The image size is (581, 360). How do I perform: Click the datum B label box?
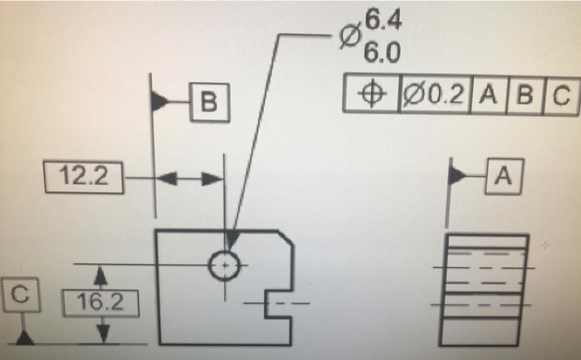pyautogui.click(x=208, y=102)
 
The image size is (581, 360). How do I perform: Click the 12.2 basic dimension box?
pyautogui.click(x=84, y=177)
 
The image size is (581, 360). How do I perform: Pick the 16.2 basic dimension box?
pyautogui.click(x=101, y=304)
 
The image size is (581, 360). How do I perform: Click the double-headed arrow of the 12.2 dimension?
pyautogui.click(x=190, y=177)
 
